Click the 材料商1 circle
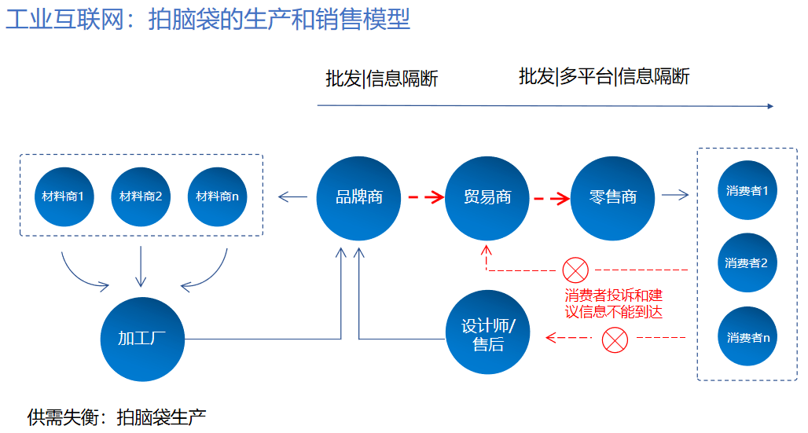[x=64, y=197]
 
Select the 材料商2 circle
[x=141, y=197]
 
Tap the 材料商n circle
[x=217, y=197]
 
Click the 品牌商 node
[x=358, y=199]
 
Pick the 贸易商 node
[x=487, y=199]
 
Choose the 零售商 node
[x=613, y=199]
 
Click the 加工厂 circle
[x=142, y=339]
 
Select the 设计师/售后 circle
[x=487, y=332]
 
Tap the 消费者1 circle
[x=747, y=190]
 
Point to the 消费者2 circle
[x=747, y=263]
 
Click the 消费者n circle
[x=747, y=336]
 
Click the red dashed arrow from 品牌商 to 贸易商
[x=426, y=197]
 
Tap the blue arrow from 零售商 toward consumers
[x=675, y=195]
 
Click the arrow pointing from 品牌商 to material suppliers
[x=292, y=196]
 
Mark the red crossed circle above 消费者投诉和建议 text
[x=575, y=270]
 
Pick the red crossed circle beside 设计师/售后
[x=615, y=339]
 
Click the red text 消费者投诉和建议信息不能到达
[x=614, y=303]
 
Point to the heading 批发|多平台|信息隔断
[x=604, y=76]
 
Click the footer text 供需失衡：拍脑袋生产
[x=117, y=417]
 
